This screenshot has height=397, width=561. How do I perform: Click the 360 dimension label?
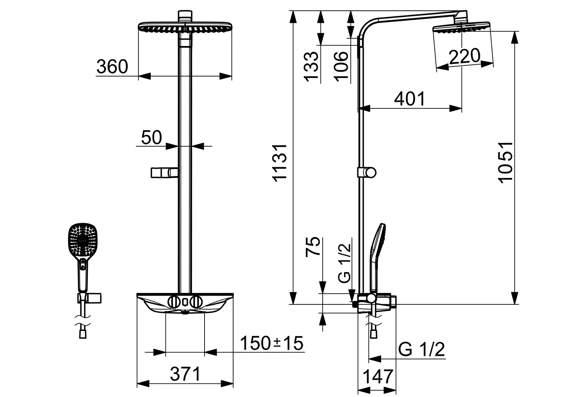(x=112, y=67)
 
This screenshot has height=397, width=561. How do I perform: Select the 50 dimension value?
(x=152, y=137)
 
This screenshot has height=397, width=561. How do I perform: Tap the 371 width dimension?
(x=185, y=374)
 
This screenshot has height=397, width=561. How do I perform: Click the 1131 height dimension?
(x=279, y=163)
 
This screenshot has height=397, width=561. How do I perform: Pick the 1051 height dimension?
(x=505, y=163)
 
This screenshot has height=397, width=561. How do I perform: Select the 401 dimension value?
(x=410, y=99)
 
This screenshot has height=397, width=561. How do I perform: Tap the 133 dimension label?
(x=311, y=67)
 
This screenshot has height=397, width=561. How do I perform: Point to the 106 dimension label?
(x=341, y=67)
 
